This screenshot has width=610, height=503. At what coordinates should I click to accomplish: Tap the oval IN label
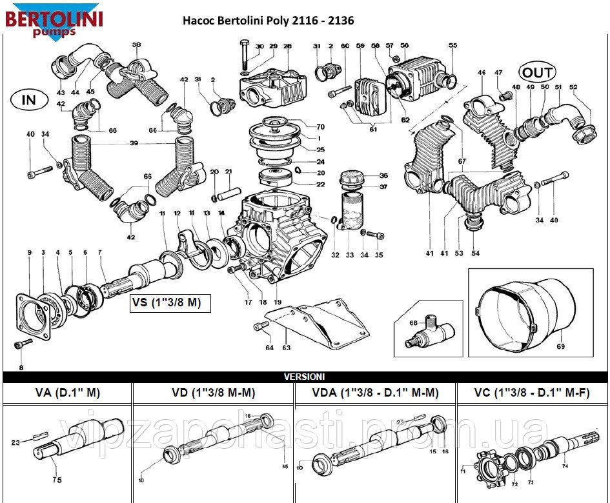point(29,99)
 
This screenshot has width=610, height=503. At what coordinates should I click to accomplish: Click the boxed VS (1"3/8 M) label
point(171,303)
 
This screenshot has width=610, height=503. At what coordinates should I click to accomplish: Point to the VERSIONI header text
point(305,376)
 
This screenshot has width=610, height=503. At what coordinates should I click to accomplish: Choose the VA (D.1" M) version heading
point(68,392)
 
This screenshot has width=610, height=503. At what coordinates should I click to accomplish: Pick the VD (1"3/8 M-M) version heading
point(213,392)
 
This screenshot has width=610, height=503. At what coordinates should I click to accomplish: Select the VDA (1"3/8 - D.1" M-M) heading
point(375,392)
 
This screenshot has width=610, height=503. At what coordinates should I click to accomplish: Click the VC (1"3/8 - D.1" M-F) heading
point(533,392)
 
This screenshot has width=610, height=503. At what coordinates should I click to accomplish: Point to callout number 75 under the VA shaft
point(57,480)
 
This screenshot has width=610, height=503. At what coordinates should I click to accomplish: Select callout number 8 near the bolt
point(21,368)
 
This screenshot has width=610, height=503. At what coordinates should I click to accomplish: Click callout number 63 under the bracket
point(286,348)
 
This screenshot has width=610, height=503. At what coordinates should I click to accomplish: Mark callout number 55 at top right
point(453,45)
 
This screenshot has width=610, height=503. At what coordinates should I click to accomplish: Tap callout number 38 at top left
point(136,44)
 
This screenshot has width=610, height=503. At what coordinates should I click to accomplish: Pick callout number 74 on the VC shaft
point(565,466)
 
